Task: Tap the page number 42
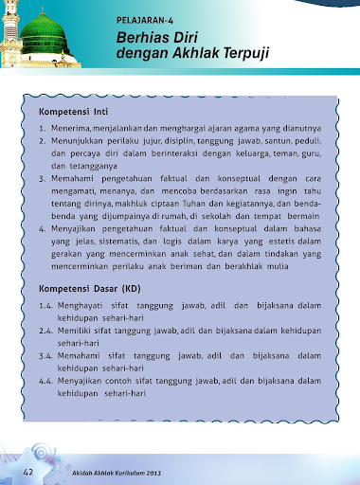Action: click(x=30, y=471)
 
